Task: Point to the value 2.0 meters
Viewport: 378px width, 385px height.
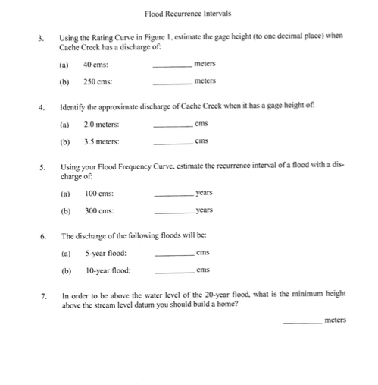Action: pos(101,124)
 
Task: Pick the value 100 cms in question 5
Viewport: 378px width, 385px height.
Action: pos(99,194)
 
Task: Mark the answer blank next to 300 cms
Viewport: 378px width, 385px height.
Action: pos(173,212)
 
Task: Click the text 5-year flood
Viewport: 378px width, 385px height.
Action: pos(105,253)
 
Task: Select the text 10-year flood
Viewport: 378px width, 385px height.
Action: pos(107,270)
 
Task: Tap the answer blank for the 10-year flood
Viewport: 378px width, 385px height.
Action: pos(174,272)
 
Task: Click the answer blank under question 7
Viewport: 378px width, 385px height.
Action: pos(301,322)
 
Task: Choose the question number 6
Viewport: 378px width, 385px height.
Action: pos(44,236)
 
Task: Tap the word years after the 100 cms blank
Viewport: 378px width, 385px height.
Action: pos(204,193)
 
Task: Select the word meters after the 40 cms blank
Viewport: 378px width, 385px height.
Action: pos(205,64)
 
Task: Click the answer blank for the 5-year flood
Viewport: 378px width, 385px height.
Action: pos(174,254)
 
